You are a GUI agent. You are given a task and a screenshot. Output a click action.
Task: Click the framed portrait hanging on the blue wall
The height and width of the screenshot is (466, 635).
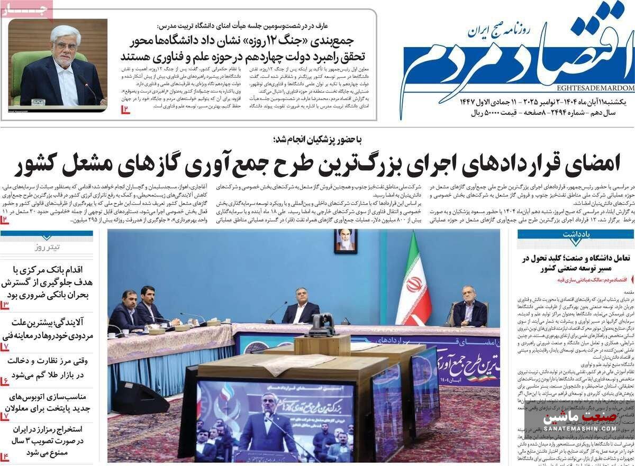point(346,240)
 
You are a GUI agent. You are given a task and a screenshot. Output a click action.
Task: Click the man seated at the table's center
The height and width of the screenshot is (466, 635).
point(301,306)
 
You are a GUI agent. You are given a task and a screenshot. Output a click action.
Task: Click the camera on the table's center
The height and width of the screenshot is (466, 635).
point(321,324)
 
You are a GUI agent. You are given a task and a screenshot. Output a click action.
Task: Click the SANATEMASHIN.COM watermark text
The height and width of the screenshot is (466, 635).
point(579,429)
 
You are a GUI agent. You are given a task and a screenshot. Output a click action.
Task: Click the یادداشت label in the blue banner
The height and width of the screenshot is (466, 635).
point(576,234)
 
